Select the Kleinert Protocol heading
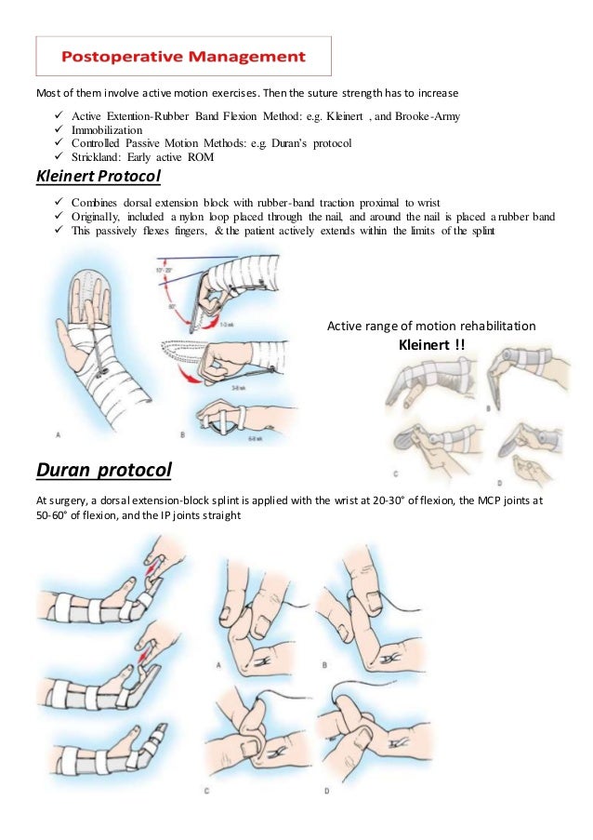pos(98,177)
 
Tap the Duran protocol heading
pos(103,471)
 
